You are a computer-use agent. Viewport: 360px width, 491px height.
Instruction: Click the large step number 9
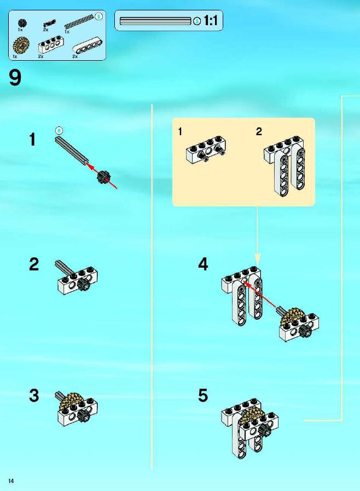pos(15,78)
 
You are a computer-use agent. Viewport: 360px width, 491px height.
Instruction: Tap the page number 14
pos(11,481)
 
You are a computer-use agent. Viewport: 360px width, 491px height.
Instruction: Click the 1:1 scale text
pos(211,21)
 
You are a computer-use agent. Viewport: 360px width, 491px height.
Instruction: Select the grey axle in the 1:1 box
pos(155,21)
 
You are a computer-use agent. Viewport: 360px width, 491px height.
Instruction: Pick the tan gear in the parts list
pos(21,45)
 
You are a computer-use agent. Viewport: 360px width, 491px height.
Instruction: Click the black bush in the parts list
pos(22,23)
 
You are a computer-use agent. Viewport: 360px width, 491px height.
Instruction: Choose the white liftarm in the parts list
pos(88,47)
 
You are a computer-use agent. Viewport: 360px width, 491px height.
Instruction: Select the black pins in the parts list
pos(49,24)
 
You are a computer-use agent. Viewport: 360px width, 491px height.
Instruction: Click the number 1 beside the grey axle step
pos(32,140)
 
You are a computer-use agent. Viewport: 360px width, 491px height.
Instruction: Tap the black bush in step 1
pos(103,177)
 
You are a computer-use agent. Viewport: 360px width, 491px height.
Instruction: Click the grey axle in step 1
pos(71,150)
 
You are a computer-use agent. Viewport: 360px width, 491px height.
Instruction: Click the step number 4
pos(203,264)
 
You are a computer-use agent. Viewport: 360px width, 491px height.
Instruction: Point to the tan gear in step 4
pos(292,316)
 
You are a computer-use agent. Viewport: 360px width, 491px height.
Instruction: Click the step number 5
pos(203,396)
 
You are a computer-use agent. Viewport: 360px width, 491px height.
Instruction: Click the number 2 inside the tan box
pos(259,131)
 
